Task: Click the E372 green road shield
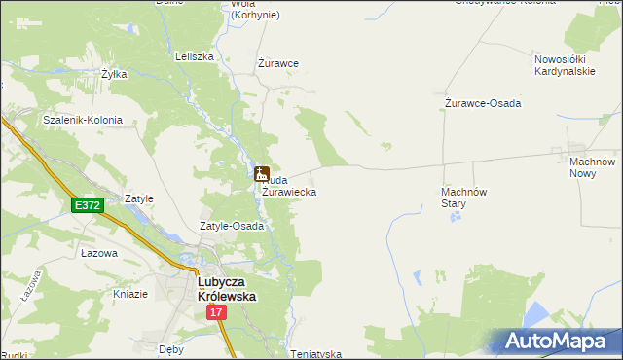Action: pos(87,205)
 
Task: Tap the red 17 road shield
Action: pos(216,313)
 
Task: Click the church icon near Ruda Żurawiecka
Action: pos(261,174)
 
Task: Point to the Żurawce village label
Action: pos(277,63)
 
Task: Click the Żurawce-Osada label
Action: pos(482,103)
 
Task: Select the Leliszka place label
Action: pos(194,56)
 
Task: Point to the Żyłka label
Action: pos(115,73)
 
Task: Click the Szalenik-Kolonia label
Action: pos(82,120)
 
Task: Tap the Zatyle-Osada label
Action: pos(232,226)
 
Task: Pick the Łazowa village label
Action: pos(99,253)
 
